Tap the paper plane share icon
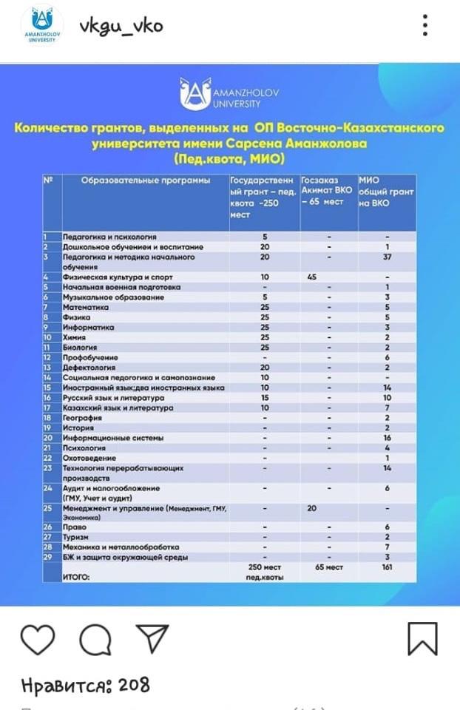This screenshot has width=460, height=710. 152,638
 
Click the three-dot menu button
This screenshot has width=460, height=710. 425,26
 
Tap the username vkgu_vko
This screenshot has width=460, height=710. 121,27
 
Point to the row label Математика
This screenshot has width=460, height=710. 85,308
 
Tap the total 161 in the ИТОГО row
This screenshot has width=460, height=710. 387,567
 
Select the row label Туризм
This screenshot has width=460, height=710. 77,537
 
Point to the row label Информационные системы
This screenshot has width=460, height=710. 108,437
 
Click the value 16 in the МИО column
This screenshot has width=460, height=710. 387,437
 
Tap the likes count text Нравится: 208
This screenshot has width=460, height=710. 85,686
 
